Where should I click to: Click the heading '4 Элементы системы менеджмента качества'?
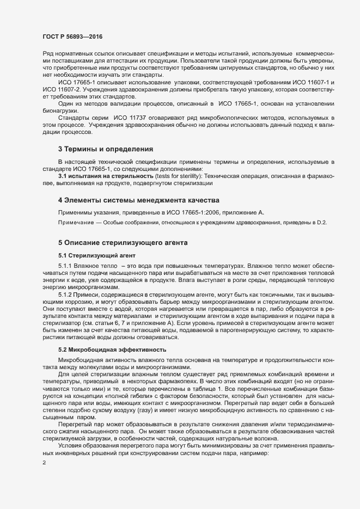pyautogui.click(x=138, y=200)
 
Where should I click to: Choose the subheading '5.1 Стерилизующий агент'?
pyautogui.click(x=93, y=255)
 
